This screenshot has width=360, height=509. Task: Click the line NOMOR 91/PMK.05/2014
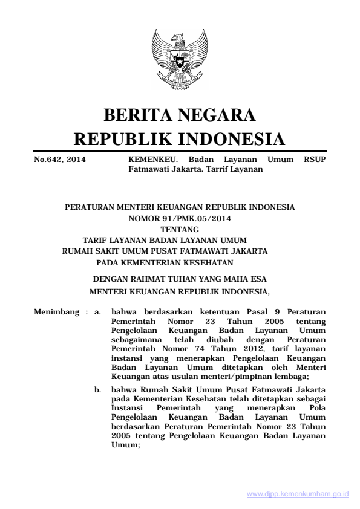(180, 218)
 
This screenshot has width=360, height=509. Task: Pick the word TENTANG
(180, 229)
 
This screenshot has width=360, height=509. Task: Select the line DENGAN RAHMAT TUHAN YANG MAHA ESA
(180, 280)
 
